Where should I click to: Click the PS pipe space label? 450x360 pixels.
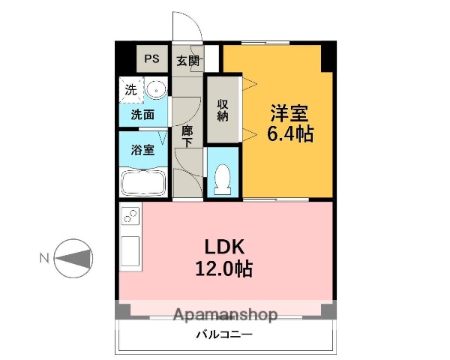(151, 58)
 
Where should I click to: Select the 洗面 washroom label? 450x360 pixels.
(142, 115)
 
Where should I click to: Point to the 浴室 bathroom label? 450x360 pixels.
(142, 150)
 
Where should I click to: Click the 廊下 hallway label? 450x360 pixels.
(187, 136)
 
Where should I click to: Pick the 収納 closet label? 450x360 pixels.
(223, 110)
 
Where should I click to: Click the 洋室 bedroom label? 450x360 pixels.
(289, 113)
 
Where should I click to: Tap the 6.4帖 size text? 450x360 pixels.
(290, 133)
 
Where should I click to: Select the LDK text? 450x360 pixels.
(224, 247)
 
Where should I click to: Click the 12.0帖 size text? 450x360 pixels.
(223, 268)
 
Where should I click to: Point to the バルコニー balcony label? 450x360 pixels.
(224, 334)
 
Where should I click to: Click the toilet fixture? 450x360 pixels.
(223, 179)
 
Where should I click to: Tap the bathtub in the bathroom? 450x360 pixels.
(143, 182)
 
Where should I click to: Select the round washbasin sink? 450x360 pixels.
(156, 89)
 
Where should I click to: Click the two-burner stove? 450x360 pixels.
(131, 216)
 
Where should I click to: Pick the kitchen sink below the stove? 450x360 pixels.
(130, 251)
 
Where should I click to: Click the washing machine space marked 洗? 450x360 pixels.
(131, 90)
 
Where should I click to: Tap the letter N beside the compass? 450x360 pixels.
(44, 258)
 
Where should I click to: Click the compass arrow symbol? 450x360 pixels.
(73, 258)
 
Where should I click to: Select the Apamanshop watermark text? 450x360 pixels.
(226, 315)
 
